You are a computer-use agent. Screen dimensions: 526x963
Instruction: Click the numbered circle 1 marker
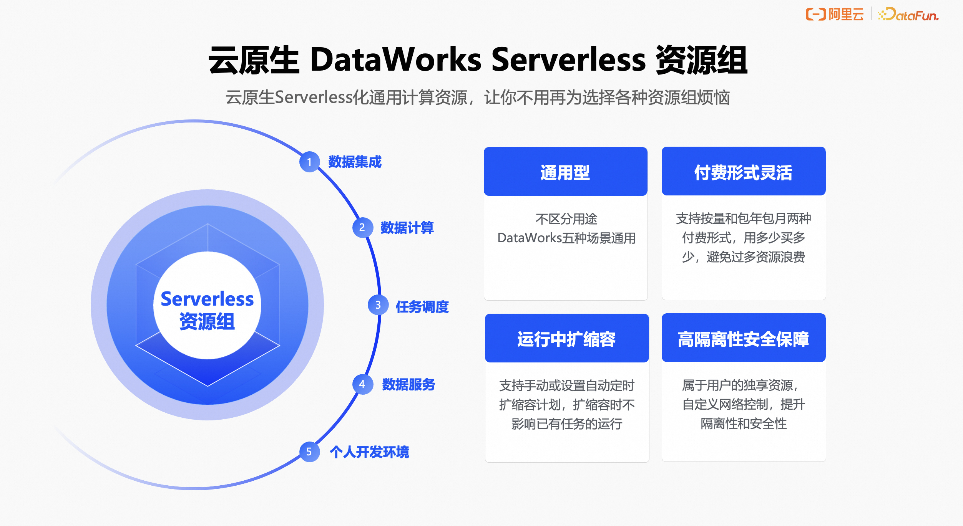point(309,162)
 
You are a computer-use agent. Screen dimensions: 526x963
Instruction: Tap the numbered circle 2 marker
point(362,228)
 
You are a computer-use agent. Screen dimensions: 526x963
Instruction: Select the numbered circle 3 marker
point(378,305)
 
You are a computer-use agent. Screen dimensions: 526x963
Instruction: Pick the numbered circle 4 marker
point(362,384)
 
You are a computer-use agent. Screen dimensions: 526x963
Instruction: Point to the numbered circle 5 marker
point(309,452)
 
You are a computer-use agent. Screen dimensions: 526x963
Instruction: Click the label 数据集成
point(355,162)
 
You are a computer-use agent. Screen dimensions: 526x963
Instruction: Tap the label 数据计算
point(407,228)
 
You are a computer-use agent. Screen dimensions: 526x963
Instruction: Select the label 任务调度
point(422,307)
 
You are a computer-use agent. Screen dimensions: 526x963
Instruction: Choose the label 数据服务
point(408,384)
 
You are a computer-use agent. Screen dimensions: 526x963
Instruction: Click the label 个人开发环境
point(369,452)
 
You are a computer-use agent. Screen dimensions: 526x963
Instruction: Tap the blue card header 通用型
point(565,172)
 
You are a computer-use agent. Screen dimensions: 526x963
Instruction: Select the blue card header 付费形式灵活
point(743,172)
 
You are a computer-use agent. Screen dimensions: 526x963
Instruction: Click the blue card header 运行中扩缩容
point(566,339)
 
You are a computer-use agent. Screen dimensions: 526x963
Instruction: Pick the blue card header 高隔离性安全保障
point(743,339)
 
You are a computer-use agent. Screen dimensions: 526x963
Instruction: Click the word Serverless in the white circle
point(207,299)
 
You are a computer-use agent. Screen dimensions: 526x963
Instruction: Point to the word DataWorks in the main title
point(395,60)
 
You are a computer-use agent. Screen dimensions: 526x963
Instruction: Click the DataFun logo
point(909,15)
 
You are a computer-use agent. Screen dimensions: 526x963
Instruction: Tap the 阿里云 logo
point(835,15)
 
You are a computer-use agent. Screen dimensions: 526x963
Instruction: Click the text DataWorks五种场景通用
point(566,238)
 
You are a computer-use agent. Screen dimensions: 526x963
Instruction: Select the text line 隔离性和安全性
point(743,423)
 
